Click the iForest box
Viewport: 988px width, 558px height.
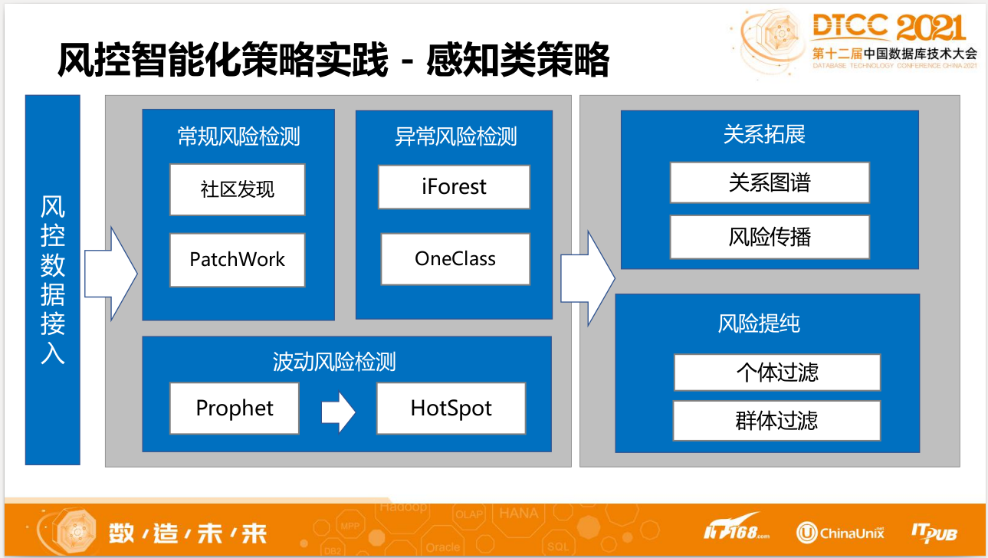click(454, 186)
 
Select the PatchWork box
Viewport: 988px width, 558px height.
click(238, 260)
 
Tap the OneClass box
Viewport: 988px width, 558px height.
click(455, 259)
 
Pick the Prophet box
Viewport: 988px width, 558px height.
click(234, 408)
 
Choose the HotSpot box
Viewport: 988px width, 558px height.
click(451, 409)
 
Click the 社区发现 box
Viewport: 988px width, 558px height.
click(238, 189)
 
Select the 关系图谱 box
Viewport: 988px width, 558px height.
click(770, 182)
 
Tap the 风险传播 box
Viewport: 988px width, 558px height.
click(770, 237)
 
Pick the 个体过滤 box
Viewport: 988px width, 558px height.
click(776, 373)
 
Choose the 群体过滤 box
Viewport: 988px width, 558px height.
click(776, 420)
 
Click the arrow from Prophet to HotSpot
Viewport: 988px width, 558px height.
click(337, 413)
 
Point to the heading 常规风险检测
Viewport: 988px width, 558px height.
click(238, 136)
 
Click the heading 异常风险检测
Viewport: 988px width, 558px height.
click(455, 136)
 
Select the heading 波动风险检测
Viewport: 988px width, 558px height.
click(334, 361)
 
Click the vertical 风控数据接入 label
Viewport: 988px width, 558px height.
click(52, 280)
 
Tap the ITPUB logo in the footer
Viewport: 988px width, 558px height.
click(934, 533)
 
